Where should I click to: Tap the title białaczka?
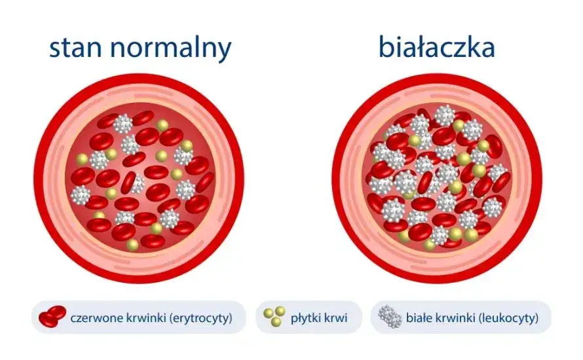click(436, 47)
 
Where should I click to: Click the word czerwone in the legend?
click(96, 319)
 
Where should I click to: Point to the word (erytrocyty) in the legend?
click(202, 319)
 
